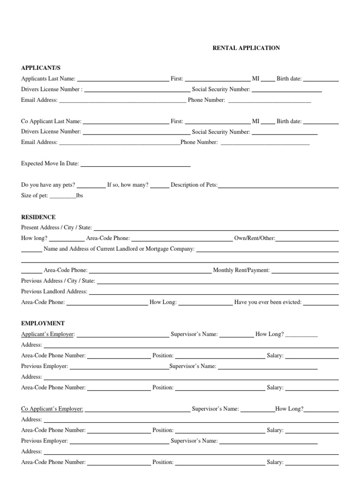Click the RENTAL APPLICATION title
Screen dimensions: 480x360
(246, 48)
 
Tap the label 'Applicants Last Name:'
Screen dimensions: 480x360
(48, 79)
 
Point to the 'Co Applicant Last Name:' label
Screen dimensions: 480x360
(51, 121)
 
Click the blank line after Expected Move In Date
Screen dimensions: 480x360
(135, 165)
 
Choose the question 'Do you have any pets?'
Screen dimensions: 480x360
(48, 185)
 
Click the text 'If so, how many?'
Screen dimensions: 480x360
(128, 185)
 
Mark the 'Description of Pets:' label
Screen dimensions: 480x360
(194, 185)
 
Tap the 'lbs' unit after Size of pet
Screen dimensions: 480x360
(79, 195)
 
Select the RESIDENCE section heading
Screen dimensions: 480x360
(38, 217)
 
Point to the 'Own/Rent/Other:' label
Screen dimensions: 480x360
(255, 238)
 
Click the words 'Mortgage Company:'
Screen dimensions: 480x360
(172, 249)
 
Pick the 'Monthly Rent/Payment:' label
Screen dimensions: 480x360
(241, 270)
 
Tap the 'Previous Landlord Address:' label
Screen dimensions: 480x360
(54, 292)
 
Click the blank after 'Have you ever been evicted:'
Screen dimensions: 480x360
(321, 303)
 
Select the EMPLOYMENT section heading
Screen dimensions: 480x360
(43, 323)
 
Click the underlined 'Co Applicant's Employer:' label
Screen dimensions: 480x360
(52, 409)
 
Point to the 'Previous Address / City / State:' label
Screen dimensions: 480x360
(58, 281)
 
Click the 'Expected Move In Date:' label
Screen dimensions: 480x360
(50, 164)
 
